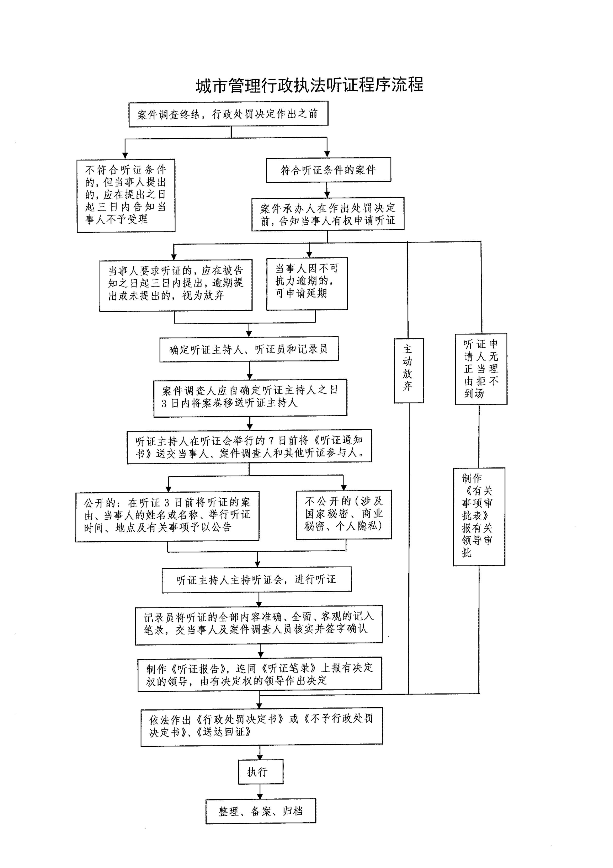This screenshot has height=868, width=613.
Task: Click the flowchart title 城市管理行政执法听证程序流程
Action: pyautogui.click(x=309, y=86)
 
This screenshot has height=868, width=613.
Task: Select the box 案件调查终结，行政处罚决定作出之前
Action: pyautogui.click(x=228, y=114)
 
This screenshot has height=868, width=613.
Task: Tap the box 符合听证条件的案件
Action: pyautogui.click(x=328, y=170)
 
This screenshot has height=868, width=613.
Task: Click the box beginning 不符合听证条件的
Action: pyautogui.click(x=126, y=196)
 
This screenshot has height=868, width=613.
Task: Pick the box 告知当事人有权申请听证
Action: pyautogui.click(x=328, y=214)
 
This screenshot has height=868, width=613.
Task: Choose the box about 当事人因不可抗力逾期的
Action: pyautogui.click(x=307, y=284)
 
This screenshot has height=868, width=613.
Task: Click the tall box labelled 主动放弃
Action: pyautogui.click(x=408, y=370)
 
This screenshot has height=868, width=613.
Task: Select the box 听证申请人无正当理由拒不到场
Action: pyautogui.click(x=481, y=369)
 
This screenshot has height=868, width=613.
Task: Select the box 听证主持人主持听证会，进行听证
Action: pyautogui.click(x=257, y=579)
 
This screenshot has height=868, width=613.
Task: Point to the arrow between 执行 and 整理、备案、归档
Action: pyautogui.click(x=260, y=791)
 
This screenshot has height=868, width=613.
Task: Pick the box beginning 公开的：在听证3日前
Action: pyautogui.click(x=167, y=516)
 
